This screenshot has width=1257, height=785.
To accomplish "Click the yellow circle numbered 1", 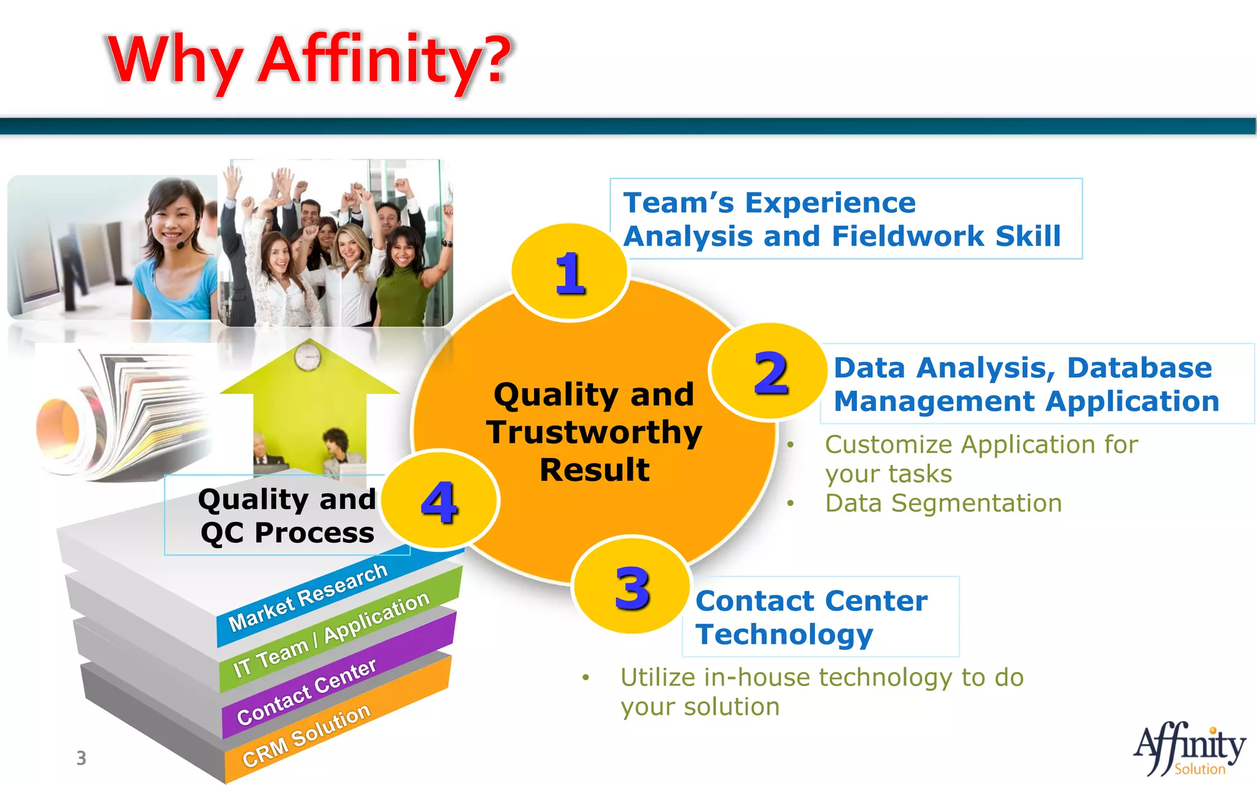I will [570, 273].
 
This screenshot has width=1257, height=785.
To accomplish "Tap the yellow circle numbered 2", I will [770, 372].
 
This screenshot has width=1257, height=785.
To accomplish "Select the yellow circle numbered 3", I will [632, 587].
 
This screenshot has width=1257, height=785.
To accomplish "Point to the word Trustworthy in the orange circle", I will [594, 432].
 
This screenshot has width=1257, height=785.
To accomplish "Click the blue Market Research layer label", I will [307, 597].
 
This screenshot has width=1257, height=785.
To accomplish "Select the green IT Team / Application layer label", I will [331, 634].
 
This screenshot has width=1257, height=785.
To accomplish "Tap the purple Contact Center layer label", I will [306, 692].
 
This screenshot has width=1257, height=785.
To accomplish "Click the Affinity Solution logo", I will [1189, 750].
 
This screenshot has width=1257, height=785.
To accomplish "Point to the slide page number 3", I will [81, 758].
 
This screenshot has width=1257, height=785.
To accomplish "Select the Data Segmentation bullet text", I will [943, 504].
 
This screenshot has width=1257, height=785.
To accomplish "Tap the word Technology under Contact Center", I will [784, 634].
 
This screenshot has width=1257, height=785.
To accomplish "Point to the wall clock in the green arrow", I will [307, 356].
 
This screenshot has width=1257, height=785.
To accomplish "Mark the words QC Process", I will [287, 532].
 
